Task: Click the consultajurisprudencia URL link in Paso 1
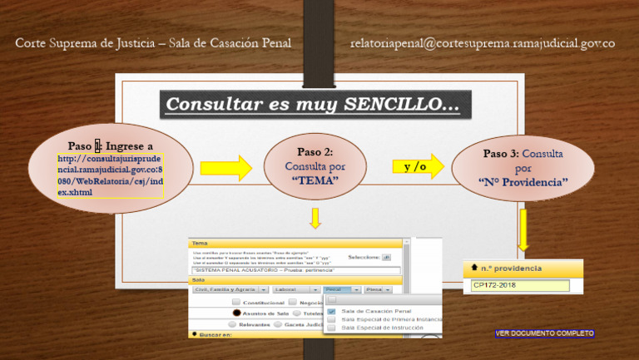(111, 175)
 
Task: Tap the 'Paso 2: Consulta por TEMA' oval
(315, 166)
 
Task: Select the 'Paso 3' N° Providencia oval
(523, 168)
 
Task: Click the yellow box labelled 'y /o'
(416, 166)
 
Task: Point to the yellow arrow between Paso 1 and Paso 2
(225, 167)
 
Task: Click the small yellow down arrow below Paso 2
(315, 219)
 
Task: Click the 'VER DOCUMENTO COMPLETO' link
(545, 333)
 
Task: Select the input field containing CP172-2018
(520, 286)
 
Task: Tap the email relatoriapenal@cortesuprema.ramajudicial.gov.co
(483, 43)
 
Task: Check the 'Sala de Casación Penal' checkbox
(331, 312)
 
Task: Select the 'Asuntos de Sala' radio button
(237, 313)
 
